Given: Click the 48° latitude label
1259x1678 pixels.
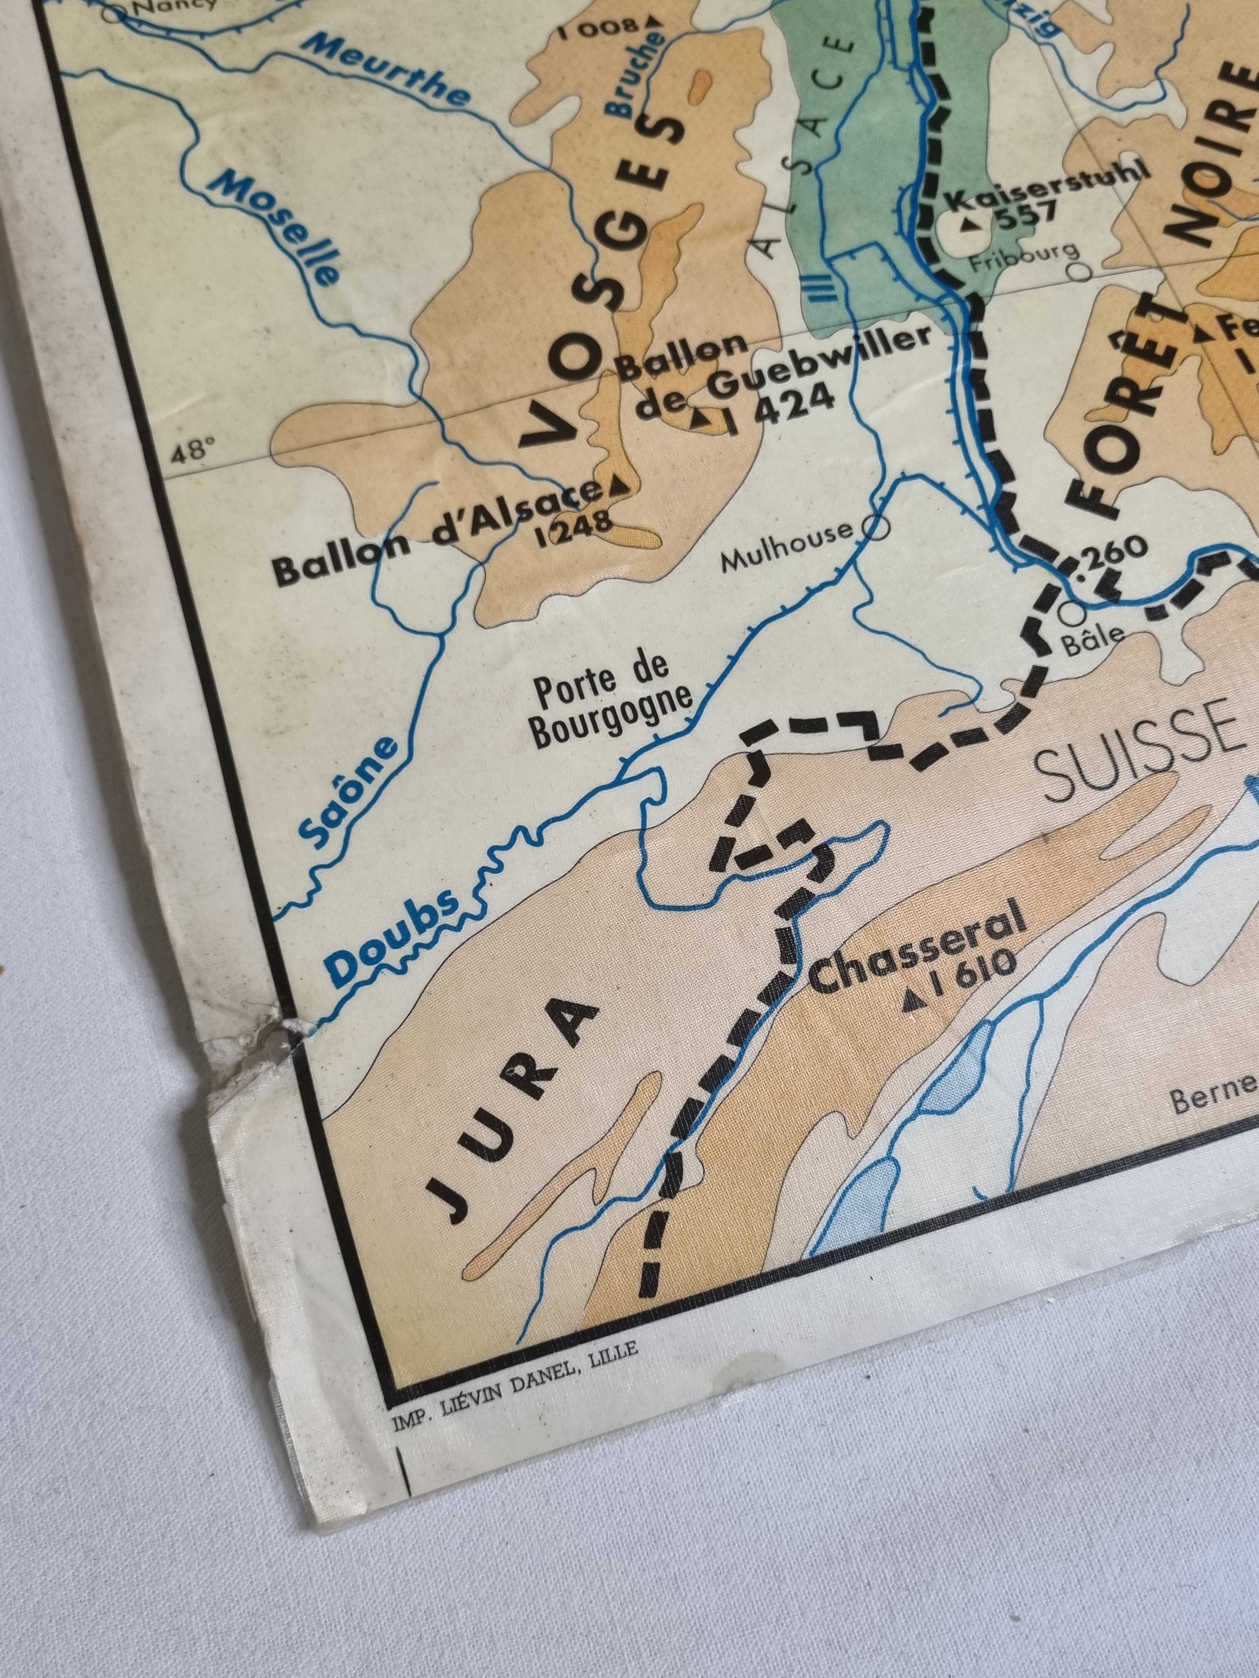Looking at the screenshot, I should point(189,454).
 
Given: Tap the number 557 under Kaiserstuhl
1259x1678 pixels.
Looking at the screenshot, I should point(1025,216).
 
